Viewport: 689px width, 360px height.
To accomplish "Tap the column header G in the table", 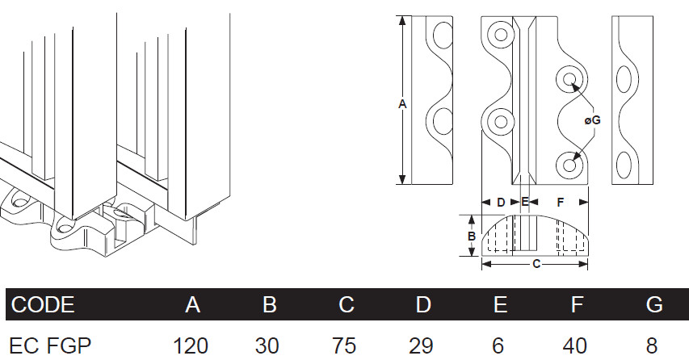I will [x=653, y=304].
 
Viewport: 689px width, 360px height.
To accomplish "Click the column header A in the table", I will [x=192, y=304].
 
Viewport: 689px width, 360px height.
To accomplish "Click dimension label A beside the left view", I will [x=402, y=103].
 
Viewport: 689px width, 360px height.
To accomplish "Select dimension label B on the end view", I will [x=471, y=236].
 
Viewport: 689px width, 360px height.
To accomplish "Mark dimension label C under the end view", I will [x=536, y=263].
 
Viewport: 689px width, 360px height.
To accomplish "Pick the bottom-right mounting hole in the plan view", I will [x=569, y=165].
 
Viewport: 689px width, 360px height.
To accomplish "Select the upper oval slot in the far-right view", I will [x=625, y=82].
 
